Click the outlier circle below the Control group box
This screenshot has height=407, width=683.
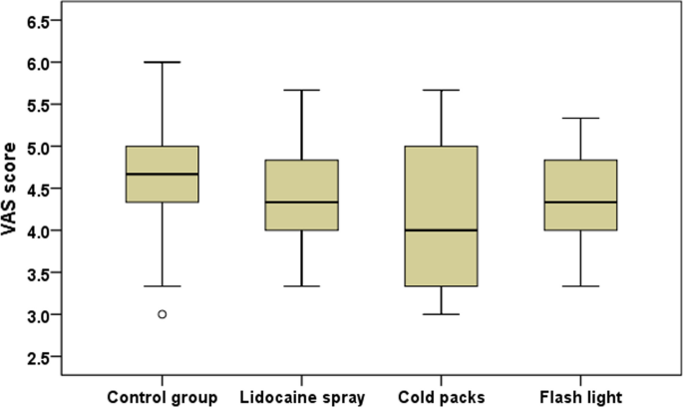tap(162, 314)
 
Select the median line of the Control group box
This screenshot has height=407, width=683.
tap(162, 174)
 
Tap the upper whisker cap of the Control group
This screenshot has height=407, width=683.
tap(162, 62)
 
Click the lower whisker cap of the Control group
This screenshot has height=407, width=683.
tap(162, 286)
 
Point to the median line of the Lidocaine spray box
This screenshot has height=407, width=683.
tap(301, 203)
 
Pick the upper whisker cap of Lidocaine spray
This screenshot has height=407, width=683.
tap(301, 90)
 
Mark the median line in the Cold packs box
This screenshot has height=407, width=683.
tap(440, 230)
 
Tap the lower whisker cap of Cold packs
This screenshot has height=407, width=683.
tap(440, 314)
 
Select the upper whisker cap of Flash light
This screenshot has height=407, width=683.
tap(579, 118)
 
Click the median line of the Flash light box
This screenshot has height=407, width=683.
tap(579, 203)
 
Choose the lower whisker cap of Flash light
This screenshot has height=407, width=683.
tap(579, 286)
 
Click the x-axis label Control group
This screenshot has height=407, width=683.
tap(162, 398)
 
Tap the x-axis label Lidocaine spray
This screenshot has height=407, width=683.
tap(301, 398)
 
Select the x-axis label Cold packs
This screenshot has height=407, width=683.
tap(440, 398)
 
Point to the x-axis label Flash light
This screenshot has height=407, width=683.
tap(579, 398)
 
